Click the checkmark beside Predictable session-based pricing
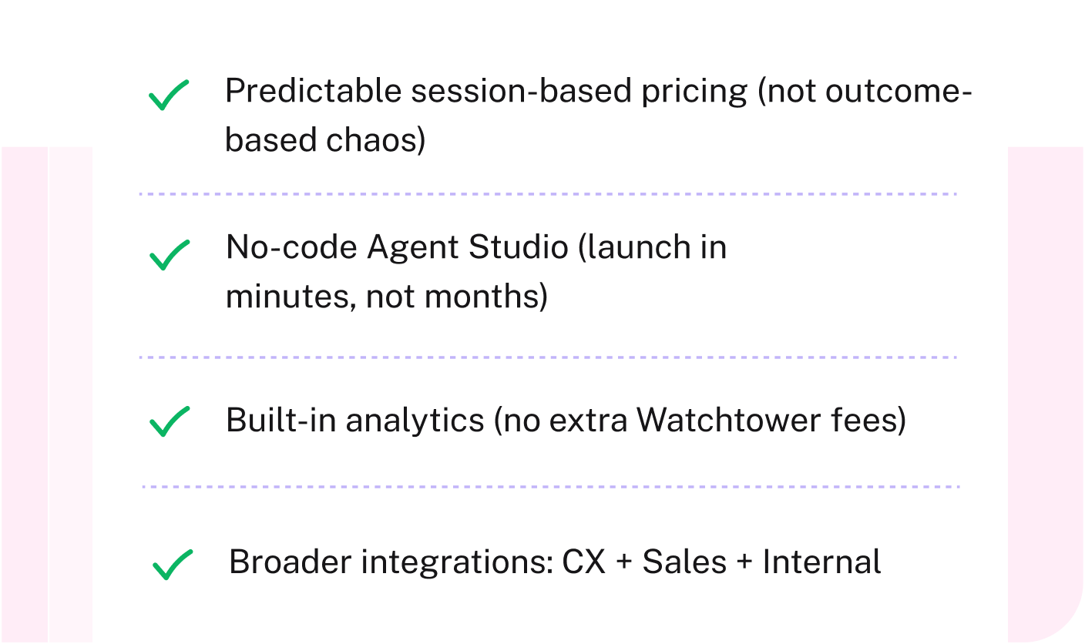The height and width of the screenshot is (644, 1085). pos(169,96)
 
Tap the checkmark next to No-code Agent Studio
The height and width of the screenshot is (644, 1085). pos(169,255)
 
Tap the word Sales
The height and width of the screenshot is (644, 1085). pos(684,562)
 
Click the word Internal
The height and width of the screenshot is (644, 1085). pos(821,562)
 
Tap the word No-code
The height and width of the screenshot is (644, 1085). pos(291,248)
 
